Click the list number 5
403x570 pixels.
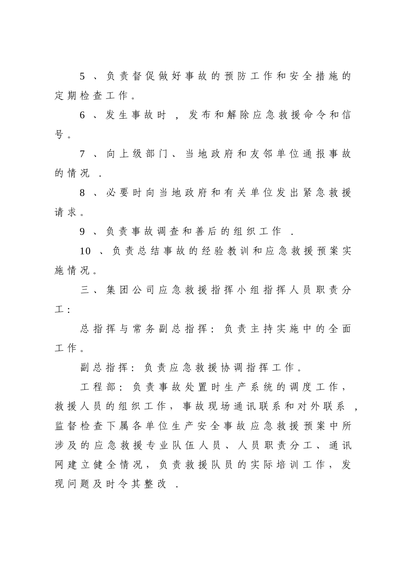point(83,77)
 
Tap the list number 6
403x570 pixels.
point(83,115)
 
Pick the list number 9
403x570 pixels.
point(83,232)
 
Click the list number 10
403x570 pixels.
point(85,251)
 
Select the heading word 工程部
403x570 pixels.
point(99,387)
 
